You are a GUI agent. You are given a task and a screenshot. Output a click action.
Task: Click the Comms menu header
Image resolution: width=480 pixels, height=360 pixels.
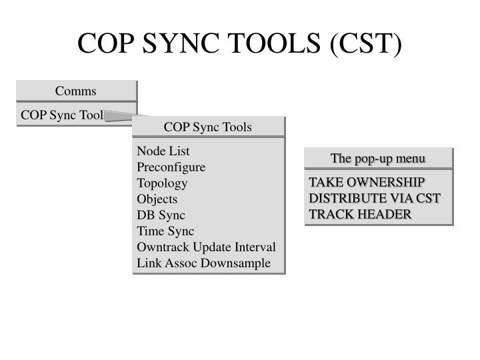click(x=76, y=91)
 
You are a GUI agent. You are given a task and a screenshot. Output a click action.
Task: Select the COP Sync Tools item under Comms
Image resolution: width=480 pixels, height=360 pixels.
click(x=62, y=115)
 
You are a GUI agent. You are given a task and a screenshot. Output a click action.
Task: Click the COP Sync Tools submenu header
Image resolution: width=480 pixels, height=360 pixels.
click(x=208, y=127)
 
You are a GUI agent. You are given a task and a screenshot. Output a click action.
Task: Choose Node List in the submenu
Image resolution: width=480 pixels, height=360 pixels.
click(x=163, y=151)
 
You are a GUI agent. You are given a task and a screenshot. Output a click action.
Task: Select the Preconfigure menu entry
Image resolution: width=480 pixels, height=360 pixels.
click(x=171, y=167)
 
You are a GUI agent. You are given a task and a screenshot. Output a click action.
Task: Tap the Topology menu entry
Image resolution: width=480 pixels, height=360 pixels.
click(x=162, y=183)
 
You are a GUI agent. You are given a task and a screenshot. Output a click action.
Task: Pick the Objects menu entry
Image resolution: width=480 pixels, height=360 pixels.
click(x=157, y=199)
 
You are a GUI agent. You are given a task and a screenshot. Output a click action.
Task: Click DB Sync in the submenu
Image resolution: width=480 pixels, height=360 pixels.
click(x=161, y=215)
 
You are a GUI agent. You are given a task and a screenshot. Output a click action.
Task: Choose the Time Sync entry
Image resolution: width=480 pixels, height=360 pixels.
click(x=165, y=231)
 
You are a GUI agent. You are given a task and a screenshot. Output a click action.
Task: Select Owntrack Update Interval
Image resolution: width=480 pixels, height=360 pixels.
click(x=206, y=247)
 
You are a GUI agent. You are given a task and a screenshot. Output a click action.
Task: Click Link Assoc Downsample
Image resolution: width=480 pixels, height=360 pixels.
click(x=204, y=263)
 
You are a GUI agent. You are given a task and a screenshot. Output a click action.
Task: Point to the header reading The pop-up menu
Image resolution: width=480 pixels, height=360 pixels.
click(x=378, y=159)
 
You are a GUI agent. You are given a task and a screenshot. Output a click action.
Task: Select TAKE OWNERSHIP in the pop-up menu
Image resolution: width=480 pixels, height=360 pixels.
click(x=367, y=182)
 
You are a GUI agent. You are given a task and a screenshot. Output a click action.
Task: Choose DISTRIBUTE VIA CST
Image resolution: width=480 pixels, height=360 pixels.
click(x=375, y=198)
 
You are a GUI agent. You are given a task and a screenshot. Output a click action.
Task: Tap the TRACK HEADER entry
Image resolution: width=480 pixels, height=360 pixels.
click(x=360, y=214)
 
